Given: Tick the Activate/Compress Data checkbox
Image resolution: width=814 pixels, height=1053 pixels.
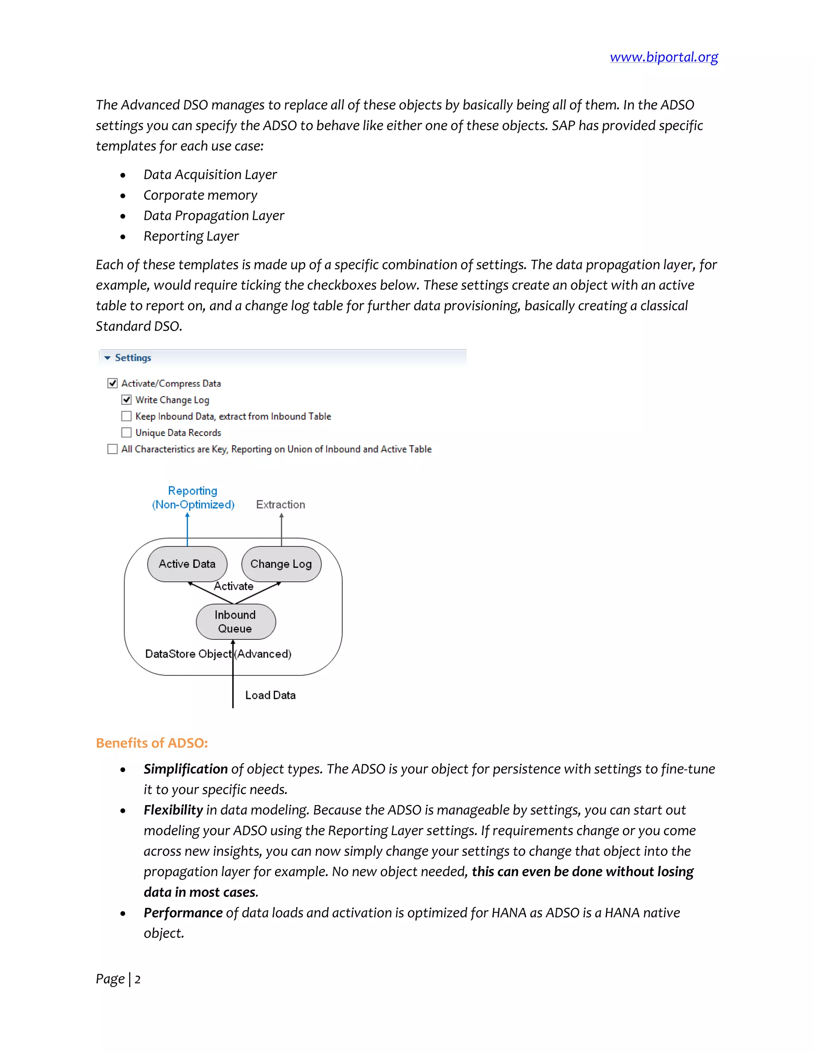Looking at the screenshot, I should point(112,383).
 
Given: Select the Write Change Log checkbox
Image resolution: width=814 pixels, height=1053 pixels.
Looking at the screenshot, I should point(126,400).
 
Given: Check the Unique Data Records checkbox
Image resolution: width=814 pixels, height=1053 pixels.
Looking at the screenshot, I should point(126,432).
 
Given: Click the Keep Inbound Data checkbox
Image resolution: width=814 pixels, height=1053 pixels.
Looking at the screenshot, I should point(126,416).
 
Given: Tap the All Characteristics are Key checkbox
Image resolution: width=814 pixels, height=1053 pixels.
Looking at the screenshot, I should point(112,449).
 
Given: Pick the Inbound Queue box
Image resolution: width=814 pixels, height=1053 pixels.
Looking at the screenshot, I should point(235,621).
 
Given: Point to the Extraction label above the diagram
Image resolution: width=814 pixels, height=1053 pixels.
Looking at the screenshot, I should point(281,504).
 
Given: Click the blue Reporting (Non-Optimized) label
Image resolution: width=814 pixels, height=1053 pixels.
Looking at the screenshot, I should point(193,497).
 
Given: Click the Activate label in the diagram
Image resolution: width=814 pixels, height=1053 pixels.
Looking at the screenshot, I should point(234,586).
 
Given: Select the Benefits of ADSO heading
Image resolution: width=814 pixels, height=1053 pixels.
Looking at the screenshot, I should point(152,743).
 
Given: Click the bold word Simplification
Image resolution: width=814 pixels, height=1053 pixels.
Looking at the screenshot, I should point(186,769).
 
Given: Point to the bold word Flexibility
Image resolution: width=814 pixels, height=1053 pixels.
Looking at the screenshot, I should point(173,810).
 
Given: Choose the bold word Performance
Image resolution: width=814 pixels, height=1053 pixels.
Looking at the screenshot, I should point(183,913).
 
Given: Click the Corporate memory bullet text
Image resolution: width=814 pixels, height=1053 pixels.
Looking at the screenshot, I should point(200,195).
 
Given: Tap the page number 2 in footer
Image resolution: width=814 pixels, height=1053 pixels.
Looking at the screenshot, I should point(138,979).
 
